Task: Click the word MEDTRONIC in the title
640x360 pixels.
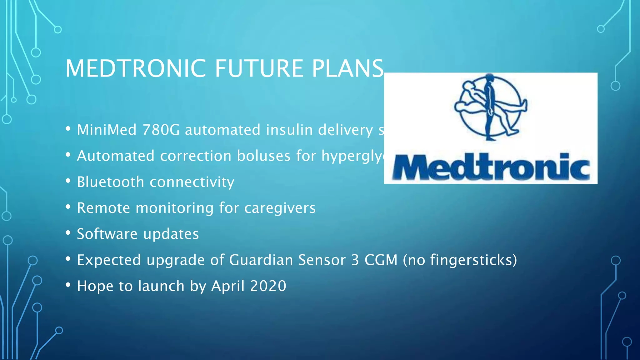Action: [x=135, y=68]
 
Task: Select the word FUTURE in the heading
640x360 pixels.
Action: [x=259, y=68]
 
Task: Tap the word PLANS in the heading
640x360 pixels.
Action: [x=347, y=68]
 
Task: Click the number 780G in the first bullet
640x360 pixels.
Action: [x=161, y=130]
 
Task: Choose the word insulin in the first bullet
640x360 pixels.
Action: [x=289, y=130]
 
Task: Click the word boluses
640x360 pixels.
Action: [x=264, y=156]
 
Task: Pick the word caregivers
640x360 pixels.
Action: [x=280, y=208]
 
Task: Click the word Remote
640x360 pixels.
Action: [x=103, y=208]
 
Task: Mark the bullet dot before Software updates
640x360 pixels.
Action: [x=68, y=233]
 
